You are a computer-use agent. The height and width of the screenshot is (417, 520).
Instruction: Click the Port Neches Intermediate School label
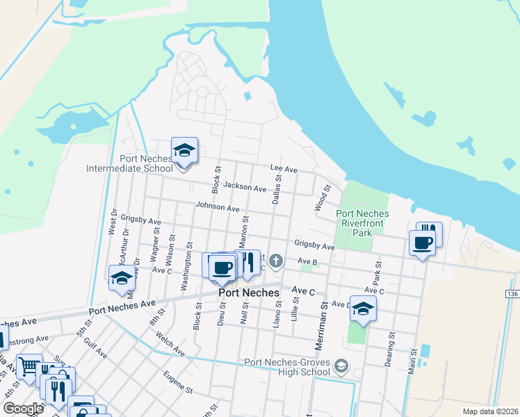tap(129, 163)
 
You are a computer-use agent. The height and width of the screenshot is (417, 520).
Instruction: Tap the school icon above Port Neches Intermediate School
tap(184, 151)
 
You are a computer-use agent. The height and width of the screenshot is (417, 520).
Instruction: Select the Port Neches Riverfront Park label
tap(361, 223)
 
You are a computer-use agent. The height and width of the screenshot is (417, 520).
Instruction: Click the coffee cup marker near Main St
tap(421, 243)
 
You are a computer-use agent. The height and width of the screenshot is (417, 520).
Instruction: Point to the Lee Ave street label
tap(284, 170)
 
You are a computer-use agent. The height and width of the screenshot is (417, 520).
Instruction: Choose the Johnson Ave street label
tap(217, 207)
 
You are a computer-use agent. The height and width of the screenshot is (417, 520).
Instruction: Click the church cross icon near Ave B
tap(276, 261)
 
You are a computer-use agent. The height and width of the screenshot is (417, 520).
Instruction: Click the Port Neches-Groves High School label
tap(286, 366)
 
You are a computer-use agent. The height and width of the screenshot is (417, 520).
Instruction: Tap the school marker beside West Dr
tap(122, 279)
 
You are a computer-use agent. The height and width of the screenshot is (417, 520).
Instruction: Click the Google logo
tap(23, 409)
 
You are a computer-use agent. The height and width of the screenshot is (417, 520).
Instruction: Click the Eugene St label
tap(178, 383)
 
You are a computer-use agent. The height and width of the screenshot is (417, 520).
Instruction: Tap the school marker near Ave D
tap(363, 309)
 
